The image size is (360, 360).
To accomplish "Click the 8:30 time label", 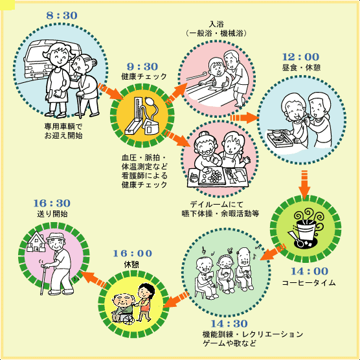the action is tap(62, 16).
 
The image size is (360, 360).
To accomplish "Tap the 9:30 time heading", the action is tap(142, 67).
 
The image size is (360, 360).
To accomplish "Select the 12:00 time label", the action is tap(300, 57).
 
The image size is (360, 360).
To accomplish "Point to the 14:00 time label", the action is tap(309, 271).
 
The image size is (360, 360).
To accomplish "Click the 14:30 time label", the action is tap(229, 324).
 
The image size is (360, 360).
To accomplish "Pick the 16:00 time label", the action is tap(133, 253).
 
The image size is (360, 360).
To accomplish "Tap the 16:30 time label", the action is tap(52, 203).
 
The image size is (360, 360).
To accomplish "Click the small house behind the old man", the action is tap(36, 242).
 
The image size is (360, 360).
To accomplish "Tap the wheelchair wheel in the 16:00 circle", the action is tap(128, 319).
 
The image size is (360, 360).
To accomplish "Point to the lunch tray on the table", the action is tap(280, 138).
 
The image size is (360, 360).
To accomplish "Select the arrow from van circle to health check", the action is tap(111, 91).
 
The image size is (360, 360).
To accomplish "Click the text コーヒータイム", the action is tap(309, 283).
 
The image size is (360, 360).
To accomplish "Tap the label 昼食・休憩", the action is tap(301, 67).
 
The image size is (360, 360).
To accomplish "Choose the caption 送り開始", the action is tap(52, 214).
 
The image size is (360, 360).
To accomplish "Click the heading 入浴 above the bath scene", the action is tap(216, 24).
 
